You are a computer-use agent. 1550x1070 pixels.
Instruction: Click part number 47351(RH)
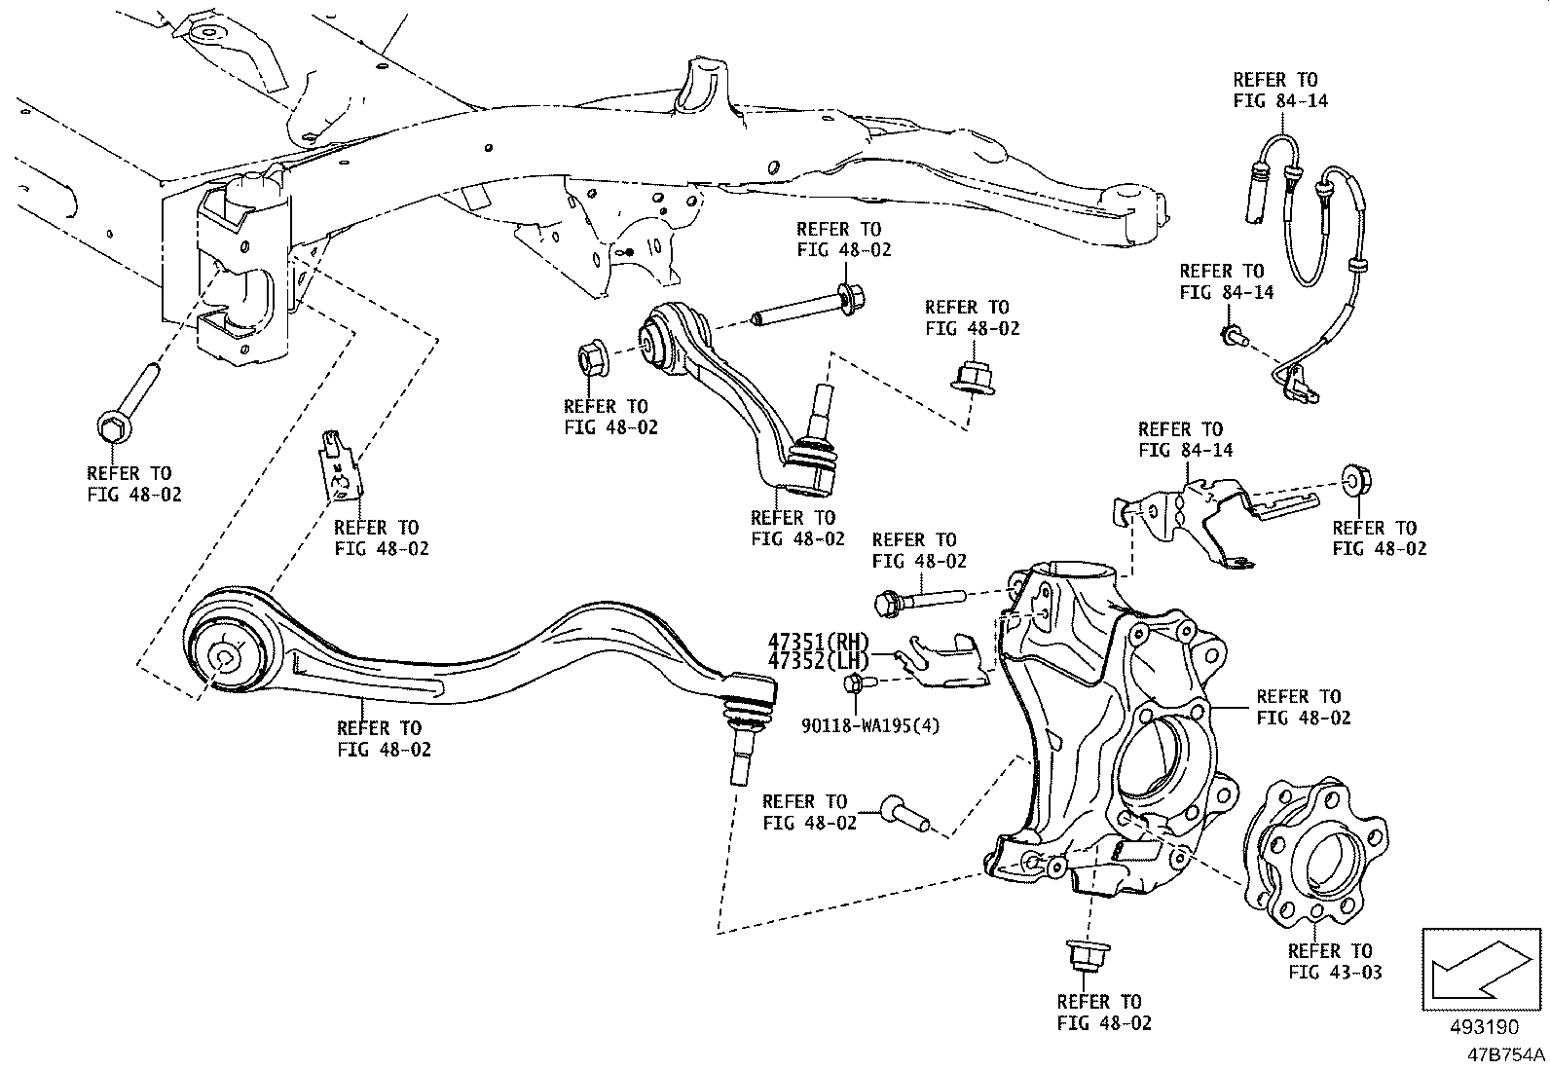coord(817,643)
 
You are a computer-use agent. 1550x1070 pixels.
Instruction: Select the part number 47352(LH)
coord(817,661)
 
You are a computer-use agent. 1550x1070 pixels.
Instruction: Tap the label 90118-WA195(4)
coord(871,725)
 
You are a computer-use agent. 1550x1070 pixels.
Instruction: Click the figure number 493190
coord(1483,1028)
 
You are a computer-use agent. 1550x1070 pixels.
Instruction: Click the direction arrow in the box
coord(1481,968)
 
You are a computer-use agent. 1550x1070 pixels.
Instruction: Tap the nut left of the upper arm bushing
coord(593,359)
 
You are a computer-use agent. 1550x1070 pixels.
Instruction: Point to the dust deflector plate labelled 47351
coord(943,659)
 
